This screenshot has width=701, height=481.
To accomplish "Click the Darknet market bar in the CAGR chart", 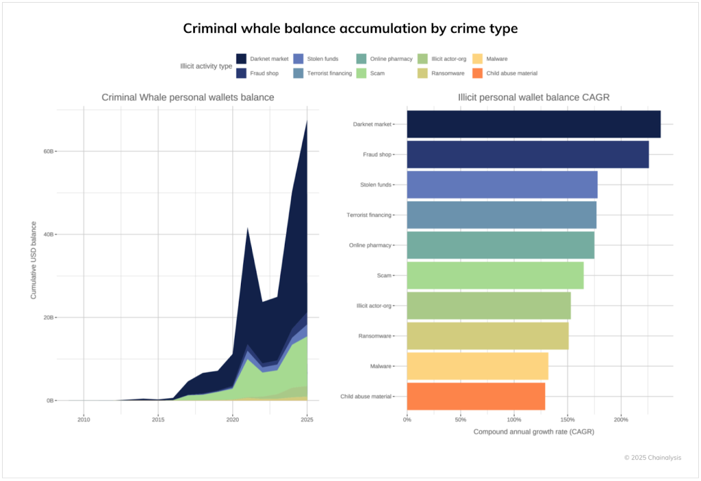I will coord(533,124).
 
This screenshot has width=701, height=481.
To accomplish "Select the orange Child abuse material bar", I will coord(476,396).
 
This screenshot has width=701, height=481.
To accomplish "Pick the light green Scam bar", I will coord(495,275).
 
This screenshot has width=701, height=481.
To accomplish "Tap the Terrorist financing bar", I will coord(501,215).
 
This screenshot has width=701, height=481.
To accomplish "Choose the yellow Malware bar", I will coord(477,366).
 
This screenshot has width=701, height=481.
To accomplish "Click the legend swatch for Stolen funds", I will coord(298,59).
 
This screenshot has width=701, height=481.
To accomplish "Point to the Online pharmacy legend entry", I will coord(386,59).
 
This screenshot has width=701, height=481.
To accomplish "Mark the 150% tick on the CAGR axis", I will coord(567,420).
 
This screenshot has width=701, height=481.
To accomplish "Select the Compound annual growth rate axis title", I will coord(533,432).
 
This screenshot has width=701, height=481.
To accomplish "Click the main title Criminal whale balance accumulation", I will coord(350,28).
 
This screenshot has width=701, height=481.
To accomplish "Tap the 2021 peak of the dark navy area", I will coord(247,229).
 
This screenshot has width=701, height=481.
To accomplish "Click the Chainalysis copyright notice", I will coord(652,458).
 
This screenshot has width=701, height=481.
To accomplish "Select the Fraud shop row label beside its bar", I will coord(377,155).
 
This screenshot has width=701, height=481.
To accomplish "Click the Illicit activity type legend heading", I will coord(205,66).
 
